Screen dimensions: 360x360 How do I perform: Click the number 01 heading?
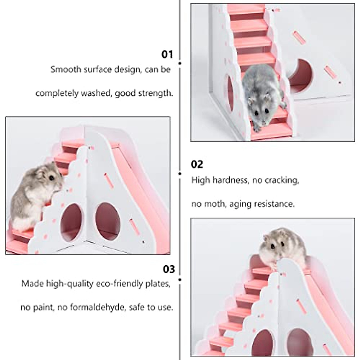167,55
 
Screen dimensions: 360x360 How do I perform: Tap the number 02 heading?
197,164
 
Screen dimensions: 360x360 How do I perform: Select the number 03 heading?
169,269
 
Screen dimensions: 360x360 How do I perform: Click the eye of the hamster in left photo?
52,178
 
